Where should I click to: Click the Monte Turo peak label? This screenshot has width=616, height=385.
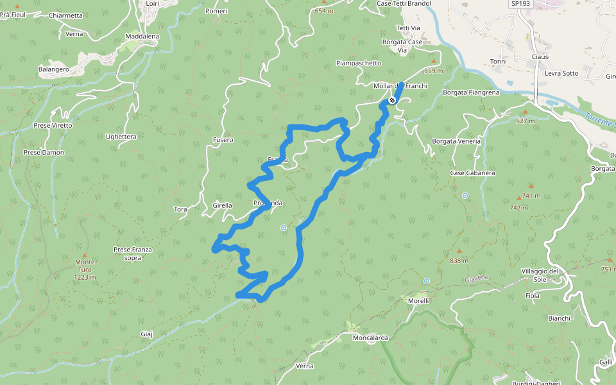[x=85, y=265]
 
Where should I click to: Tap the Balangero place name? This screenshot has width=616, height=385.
[x=54, y=69]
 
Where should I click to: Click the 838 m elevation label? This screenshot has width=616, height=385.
[x=459, y=261]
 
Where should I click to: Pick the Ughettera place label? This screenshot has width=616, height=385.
[x=121, y=137]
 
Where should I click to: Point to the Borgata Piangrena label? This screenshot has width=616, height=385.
[x=471, y=92]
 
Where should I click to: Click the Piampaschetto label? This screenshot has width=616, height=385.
[x=359, y=64]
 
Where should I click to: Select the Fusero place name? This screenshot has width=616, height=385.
[x=223, y=140]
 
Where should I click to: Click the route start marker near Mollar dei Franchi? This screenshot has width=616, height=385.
[x=391, y=100]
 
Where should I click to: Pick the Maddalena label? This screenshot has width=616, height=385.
[x=142, y=37]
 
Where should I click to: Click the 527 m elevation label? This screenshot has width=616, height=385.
[x=525, y=121]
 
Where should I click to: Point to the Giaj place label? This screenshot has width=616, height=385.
[x=146, y=334]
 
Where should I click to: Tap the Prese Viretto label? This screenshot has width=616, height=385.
[x=53, y=125]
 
